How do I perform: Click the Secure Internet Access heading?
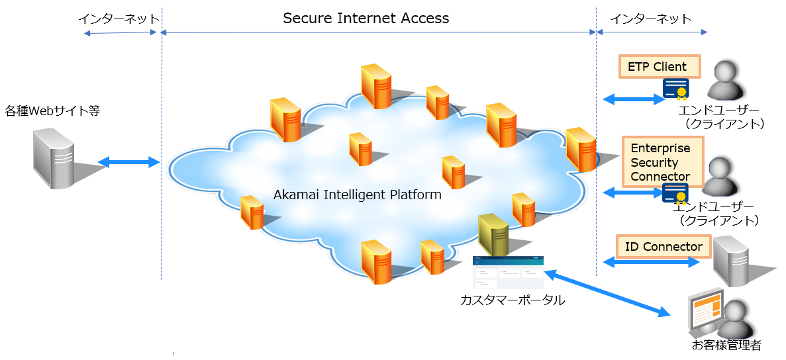click(x=366, y=19)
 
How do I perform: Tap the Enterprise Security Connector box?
click(x=662, y=162)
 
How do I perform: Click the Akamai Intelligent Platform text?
click(x=357, y=195)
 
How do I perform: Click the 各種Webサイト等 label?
click(x=52, y=111)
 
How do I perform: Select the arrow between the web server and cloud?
click(x=129, y=162)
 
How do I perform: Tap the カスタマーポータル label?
click(x=513, y=300)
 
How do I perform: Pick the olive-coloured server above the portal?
click(x=493, y=235)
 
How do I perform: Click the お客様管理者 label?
click(x=726, y=345)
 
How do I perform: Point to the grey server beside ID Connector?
click(x=732, y=261)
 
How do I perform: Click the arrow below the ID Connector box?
click(x=652, y=263)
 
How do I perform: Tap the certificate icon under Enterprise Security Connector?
click(x=675, y=193)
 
